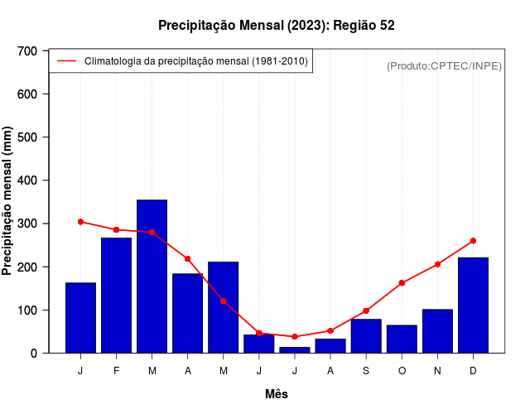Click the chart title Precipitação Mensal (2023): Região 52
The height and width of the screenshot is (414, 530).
click(277, 26)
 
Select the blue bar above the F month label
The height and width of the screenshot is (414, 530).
click(116, 295)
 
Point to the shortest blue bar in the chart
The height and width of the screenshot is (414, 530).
click(295, 349)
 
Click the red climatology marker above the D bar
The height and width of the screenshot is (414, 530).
click(473, 241)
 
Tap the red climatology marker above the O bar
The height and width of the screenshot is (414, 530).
click(402, 283)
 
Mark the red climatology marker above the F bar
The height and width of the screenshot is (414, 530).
click(116, 229)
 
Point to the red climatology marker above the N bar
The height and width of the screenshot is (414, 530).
click(437, 264)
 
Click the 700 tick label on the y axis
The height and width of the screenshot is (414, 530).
click(28, 51)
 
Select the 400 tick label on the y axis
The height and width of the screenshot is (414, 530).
click(28, 181)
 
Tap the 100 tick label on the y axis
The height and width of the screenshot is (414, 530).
click(28, 310)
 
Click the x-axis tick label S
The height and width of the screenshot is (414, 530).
click(366, 371)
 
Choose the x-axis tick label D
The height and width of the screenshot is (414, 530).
click(473, 371)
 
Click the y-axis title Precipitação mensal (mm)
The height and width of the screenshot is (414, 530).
click(7, 201)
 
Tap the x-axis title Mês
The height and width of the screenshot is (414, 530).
click(277, 394)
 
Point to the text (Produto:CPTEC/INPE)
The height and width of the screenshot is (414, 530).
click(444, 65)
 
